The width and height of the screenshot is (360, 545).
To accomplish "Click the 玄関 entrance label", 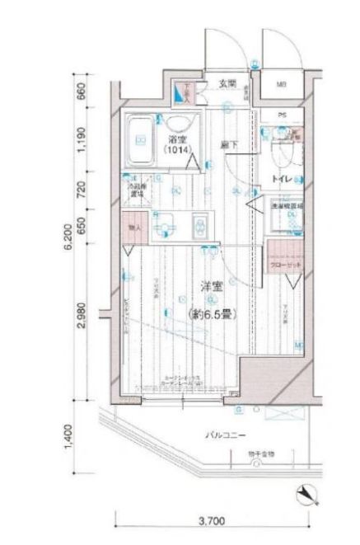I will (x=229, y=83).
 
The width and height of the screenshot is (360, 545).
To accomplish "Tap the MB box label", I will (x=281, y=84).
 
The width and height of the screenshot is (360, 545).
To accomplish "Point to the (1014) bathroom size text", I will (x=175, y=151).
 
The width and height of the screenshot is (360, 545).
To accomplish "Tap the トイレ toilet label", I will (x=279, y=179).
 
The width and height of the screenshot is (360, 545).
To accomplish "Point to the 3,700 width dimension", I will (x=213, y=522).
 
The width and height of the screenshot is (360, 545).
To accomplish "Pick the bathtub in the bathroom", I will (x=139, y=140).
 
